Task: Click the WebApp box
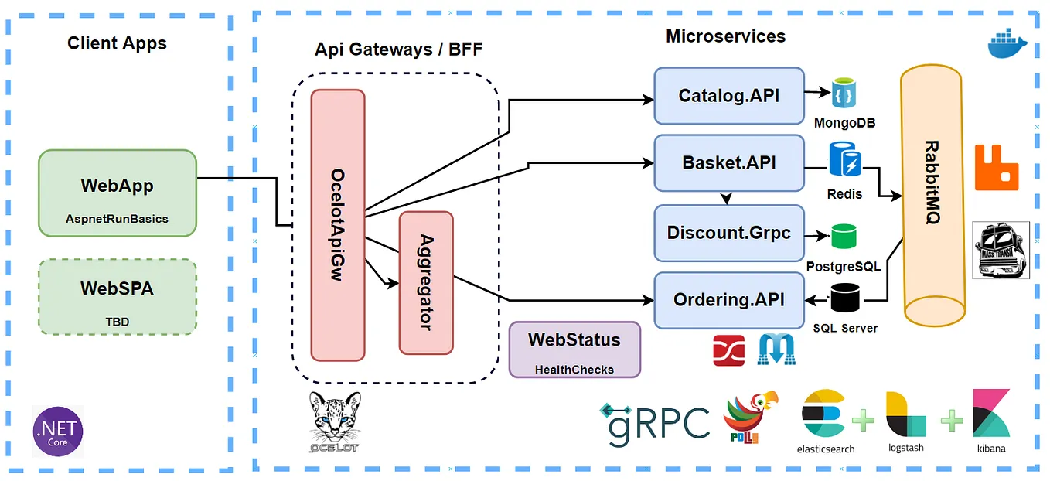pyautogui.click(x=118, y=193)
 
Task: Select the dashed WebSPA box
pyautogui.click(x=118, y=297)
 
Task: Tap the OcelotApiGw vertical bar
pyautogui.click(x=338, y=225)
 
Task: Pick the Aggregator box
pyautogui.click(x=426, y=283)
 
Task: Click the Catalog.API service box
pyautogui.click(x=729, y=96)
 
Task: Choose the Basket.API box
pyautogui.click(x=729, y=163)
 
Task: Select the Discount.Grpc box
pyautogui.click(x=729, y=233)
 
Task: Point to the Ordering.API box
pyautogui.click(x=729, y=300)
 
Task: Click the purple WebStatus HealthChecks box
pyautogui.click(x=574, y=350)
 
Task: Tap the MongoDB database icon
pyautogui.click(x=844, y=93)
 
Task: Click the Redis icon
pyautogui.click(x=844, y=160)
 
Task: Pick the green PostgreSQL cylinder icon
pyautogui.click(x=844, y=237)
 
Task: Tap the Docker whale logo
pyautogui.click(x=1007, y=44)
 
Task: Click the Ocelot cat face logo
pyautogui.click(x=334, y=421)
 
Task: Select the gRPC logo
pyautogui.click(x=655, y=421)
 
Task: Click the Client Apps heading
pyautogui.click(x=117, y=43)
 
